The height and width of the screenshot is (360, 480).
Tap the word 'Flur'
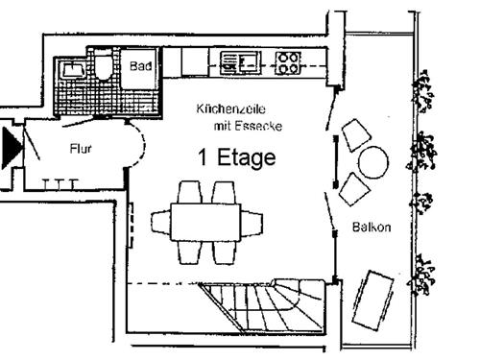pyautogui.click(x=81, y=150)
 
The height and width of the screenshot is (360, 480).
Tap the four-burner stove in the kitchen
pyautogui.click(x=288, y=63)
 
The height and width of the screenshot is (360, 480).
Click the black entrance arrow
pyautogui.click(x=12, y=145)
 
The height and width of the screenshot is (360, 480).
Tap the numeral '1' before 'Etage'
pyautogui.click(x=204, y=158)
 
